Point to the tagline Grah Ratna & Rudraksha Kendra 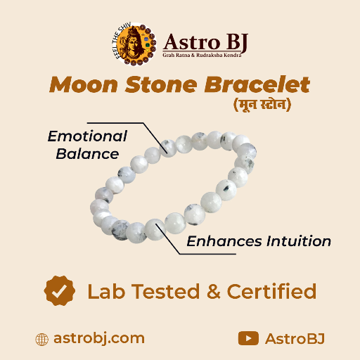tap(205, 55)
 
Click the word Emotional tap(87, 136)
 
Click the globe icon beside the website tap(42, 338)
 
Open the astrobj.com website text tap(99, 338)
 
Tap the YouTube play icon tap(247, 338)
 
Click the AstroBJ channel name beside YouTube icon tap(295, 338)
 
